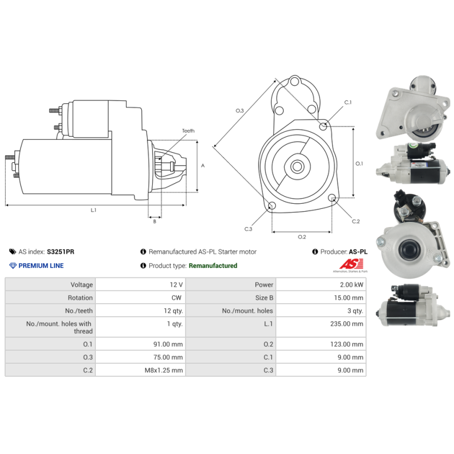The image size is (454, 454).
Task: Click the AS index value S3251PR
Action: (x=61, y=251)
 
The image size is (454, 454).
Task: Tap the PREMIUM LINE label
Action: (x=41, y=266)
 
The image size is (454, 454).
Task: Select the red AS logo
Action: (x=351, y=264)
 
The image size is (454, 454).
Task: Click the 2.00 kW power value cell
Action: (x=321, y=285)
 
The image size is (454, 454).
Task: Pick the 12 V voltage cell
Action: (x=141, y=285)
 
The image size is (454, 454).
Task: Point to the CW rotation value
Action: (x=176, y=297)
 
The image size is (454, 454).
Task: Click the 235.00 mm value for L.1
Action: (x=347, y=323)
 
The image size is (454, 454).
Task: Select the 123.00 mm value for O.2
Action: (x=347, y=344)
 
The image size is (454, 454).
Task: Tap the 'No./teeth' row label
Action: (x=79, y=310)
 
